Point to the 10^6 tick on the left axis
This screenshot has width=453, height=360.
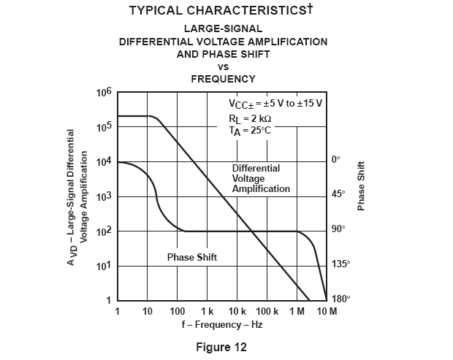[103, 93]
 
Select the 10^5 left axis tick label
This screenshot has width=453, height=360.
[103, 127]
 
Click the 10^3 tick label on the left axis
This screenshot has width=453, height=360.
[103, 196]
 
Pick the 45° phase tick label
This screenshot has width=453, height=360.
[338, 194]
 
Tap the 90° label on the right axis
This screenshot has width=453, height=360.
[338, 229]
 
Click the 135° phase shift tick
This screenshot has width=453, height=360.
[340, 264]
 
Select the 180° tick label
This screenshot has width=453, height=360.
[340, 299]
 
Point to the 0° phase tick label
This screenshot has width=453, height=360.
[335, 160]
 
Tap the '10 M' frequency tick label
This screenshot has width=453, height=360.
[327, 312]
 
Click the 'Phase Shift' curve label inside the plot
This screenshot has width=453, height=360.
[192, 258]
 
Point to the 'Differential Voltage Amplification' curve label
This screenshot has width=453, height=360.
[261, 178]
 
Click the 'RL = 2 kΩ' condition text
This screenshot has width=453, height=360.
[248, 118]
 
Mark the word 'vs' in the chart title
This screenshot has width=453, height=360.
[224, 66]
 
